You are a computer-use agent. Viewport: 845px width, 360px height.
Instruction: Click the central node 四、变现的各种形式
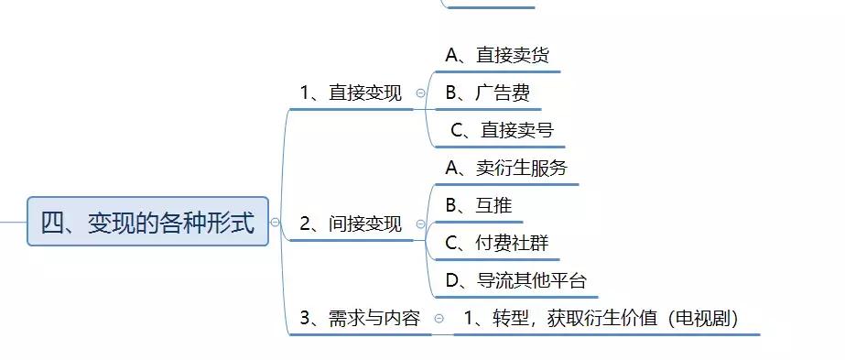tap(147, 222)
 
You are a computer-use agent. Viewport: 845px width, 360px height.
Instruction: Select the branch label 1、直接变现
tap(351, 93)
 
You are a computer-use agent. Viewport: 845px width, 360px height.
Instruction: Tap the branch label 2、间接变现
tap(351, 224)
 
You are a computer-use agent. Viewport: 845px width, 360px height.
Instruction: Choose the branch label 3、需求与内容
tap(360, 318)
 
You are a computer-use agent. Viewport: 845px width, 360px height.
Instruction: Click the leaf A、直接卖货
tap(497, 55)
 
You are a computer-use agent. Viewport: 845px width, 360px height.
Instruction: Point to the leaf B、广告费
tap(487, 93)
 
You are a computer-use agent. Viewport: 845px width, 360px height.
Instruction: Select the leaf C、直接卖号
tap(503, 130)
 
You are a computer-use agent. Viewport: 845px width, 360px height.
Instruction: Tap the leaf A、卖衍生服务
tap(506, 168)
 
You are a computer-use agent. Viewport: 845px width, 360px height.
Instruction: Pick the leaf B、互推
tap(478, 205)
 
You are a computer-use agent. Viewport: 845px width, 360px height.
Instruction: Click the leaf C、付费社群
tap(496, 243)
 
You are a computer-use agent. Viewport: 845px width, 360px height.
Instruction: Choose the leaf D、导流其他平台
tap(515, 280)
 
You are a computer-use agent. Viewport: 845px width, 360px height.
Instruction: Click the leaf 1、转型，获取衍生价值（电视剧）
tap(601, 318)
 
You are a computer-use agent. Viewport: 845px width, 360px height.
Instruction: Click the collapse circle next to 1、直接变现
tap(420, 93)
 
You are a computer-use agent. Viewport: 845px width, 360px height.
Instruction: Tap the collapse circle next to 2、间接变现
tap(420, 224)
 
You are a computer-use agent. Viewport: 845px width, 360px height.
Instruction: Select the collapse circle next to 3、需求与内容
tap(439, 319)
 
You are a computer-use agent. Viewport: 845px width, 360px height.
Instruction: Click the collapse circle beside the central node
tap(275, 222)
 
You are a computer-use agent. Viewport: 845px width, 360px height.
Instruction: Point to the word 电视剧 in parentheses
tap(702, 318)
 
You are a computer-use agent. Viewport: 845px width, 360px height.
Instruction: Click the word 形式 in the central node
tap(231, 222)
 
